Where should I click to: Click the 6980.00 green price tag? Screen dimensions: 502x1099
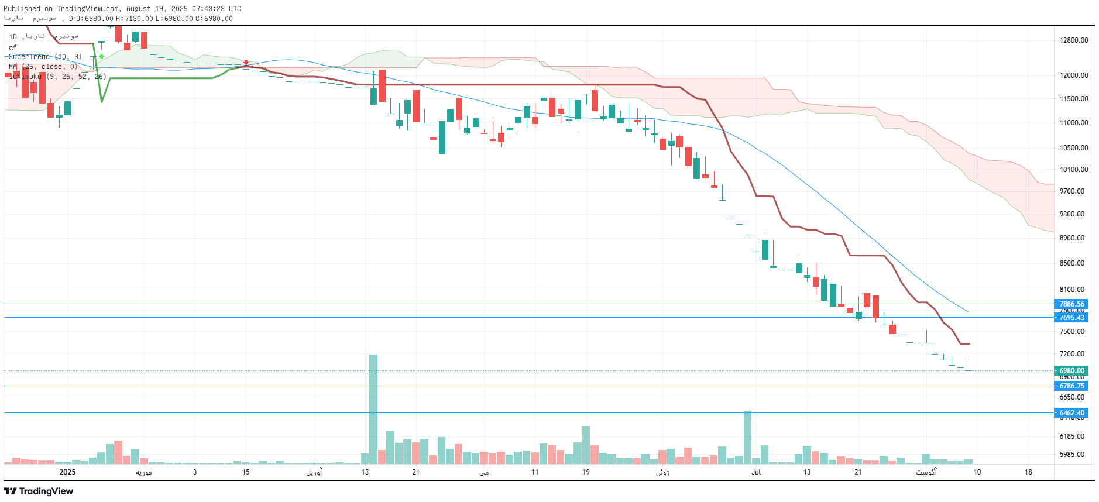[x=1071, y=370]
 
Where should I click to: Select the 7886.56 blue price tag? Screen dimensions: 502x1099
[x=1071, y=304]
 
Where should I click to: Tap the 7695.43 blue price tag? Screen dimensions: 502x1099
[x=1071, y=317]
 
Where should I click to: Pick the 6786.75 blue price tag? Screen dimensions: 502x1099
[x=1071, y=386]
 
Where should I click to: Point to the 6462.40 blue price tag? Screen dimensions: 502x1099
[x=1071, y=412]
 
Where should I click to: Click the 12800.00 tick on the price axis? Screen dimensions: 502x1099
[x=1074, y=40]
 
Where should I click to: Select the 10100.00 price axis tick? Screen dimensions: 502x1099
[x=1074, y=170]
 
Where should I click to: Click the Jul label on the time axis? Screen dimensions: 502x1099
[x=756, y=472]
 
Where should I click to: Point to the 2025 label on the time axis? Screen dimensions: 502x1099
[x=67, y=472]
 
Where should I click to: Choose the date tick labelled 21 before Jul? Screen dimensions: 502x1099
[x=415, y=472]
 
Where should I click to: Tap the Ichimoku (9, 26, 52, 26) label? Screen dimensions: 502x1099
[x=57, y=77]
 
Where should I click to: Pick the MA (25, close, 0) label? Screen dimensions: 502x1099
[x=43, y=67]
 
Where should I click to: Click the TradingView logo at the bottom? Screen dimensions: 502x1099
[x=39, y=491]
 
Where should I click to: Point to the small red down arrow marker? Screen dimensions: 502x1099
[x=246, y=63]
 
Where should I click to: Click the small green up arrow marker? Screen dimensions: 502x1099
[x=101, y=56]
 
